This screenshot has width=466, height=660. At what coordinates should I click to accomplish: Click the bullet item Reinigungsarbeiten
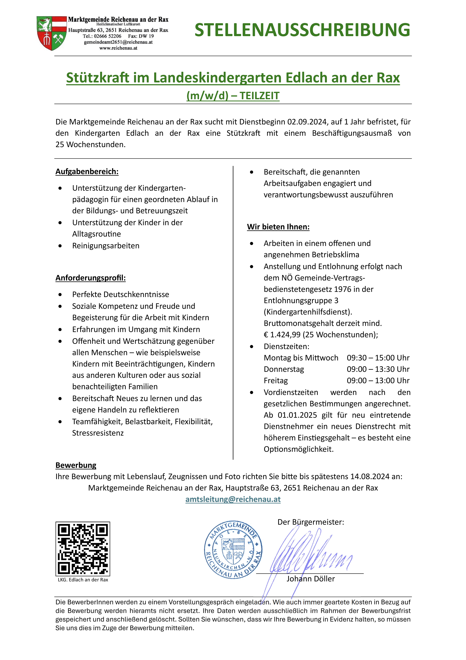point(106,246)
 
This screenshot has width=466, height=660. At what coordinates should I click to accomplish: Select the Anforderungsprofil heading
point(91,278)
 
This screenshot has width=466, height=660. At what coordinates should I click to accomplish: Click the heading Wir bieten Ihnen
point(278,227)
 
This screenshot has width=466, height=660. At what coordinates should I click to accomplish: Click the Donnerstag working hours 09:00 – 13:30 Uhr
point(378,369)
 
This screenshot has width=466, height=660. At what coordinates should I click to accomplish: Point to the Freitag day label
point(275,381)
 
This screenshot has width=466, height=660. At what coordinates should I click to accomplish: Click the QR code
point(83,549)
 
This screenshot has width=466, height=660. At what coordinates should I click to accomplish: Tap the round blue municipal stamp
point(233,550)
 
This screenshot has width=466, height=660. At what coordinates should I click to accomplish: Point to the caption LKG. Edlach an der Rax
point(83,580)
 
